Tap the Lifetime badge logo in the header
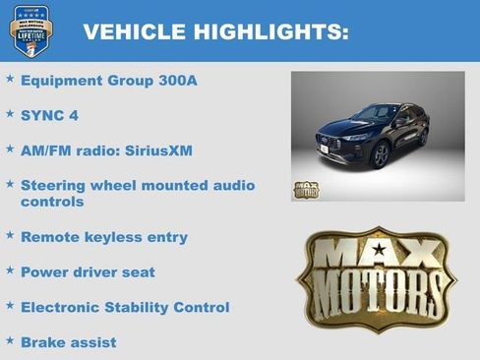[x=30, y=30]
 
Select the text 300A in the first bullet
[x=177, y=81]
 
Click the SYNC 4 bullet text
[x=49, y=116]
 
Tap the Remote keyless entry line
[x=103, y=237]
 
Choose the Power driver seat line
[x=88, y=272]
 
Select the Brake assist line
[x=68, y=342]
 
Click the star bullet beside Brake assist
[x=10, y=340]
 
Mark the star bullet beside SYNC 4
[x=10, y=114]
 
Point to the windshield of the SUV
[x=378, y=114]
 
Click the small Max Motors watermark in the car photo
[x=306, y=189]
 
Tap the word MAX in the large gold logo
[x=377, y=254]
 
